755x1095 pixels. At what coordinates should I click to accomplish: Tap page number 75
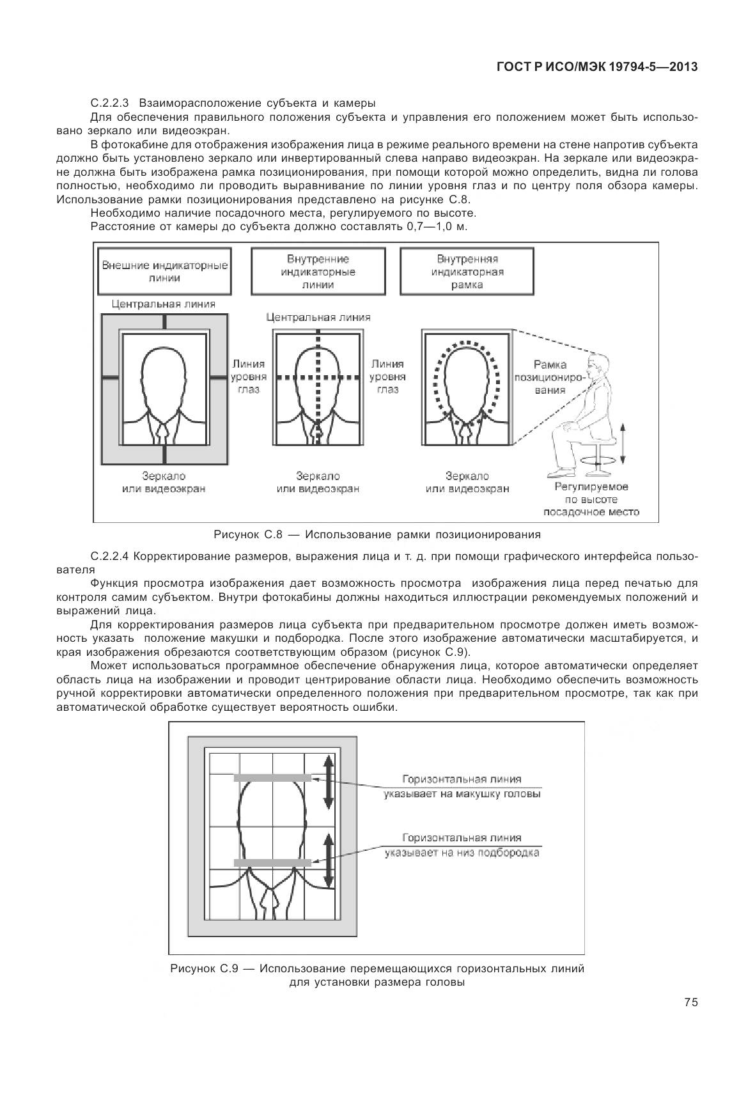[x=690, y=1002]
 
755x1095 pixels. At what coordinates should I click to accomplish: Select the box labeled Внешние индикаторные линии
[x=165, y=272]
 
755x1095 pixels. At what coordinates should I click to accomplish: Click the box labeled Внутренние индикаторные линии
[x=318, y=272]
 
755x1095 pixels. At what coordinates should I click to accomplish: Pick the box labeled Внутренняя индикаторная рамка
[x=467, y=272]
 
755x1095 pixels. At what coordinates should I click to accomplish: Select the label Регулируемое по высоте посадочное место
[x=591, y=499]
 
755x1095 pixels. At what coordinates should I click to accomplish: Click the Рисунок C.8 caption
[x=377, y=534]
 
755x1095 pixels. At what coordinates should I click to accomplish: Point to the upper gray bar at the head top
[x=272, y=778]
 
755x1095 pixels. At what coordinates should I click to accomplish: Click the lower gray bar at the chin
[x=272, y=862]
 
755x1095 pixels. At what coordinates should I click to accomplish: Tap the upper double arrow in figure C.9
[x=328, y=782]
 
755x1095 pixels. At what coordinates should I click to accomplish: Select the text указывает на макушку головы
[x=462, y=794]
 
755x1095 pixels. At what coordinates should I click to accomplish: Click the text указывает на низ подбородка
[x=462, y=853]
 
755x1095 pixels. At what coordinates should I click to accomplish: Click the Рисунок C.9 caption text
[x=377, y=975]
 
